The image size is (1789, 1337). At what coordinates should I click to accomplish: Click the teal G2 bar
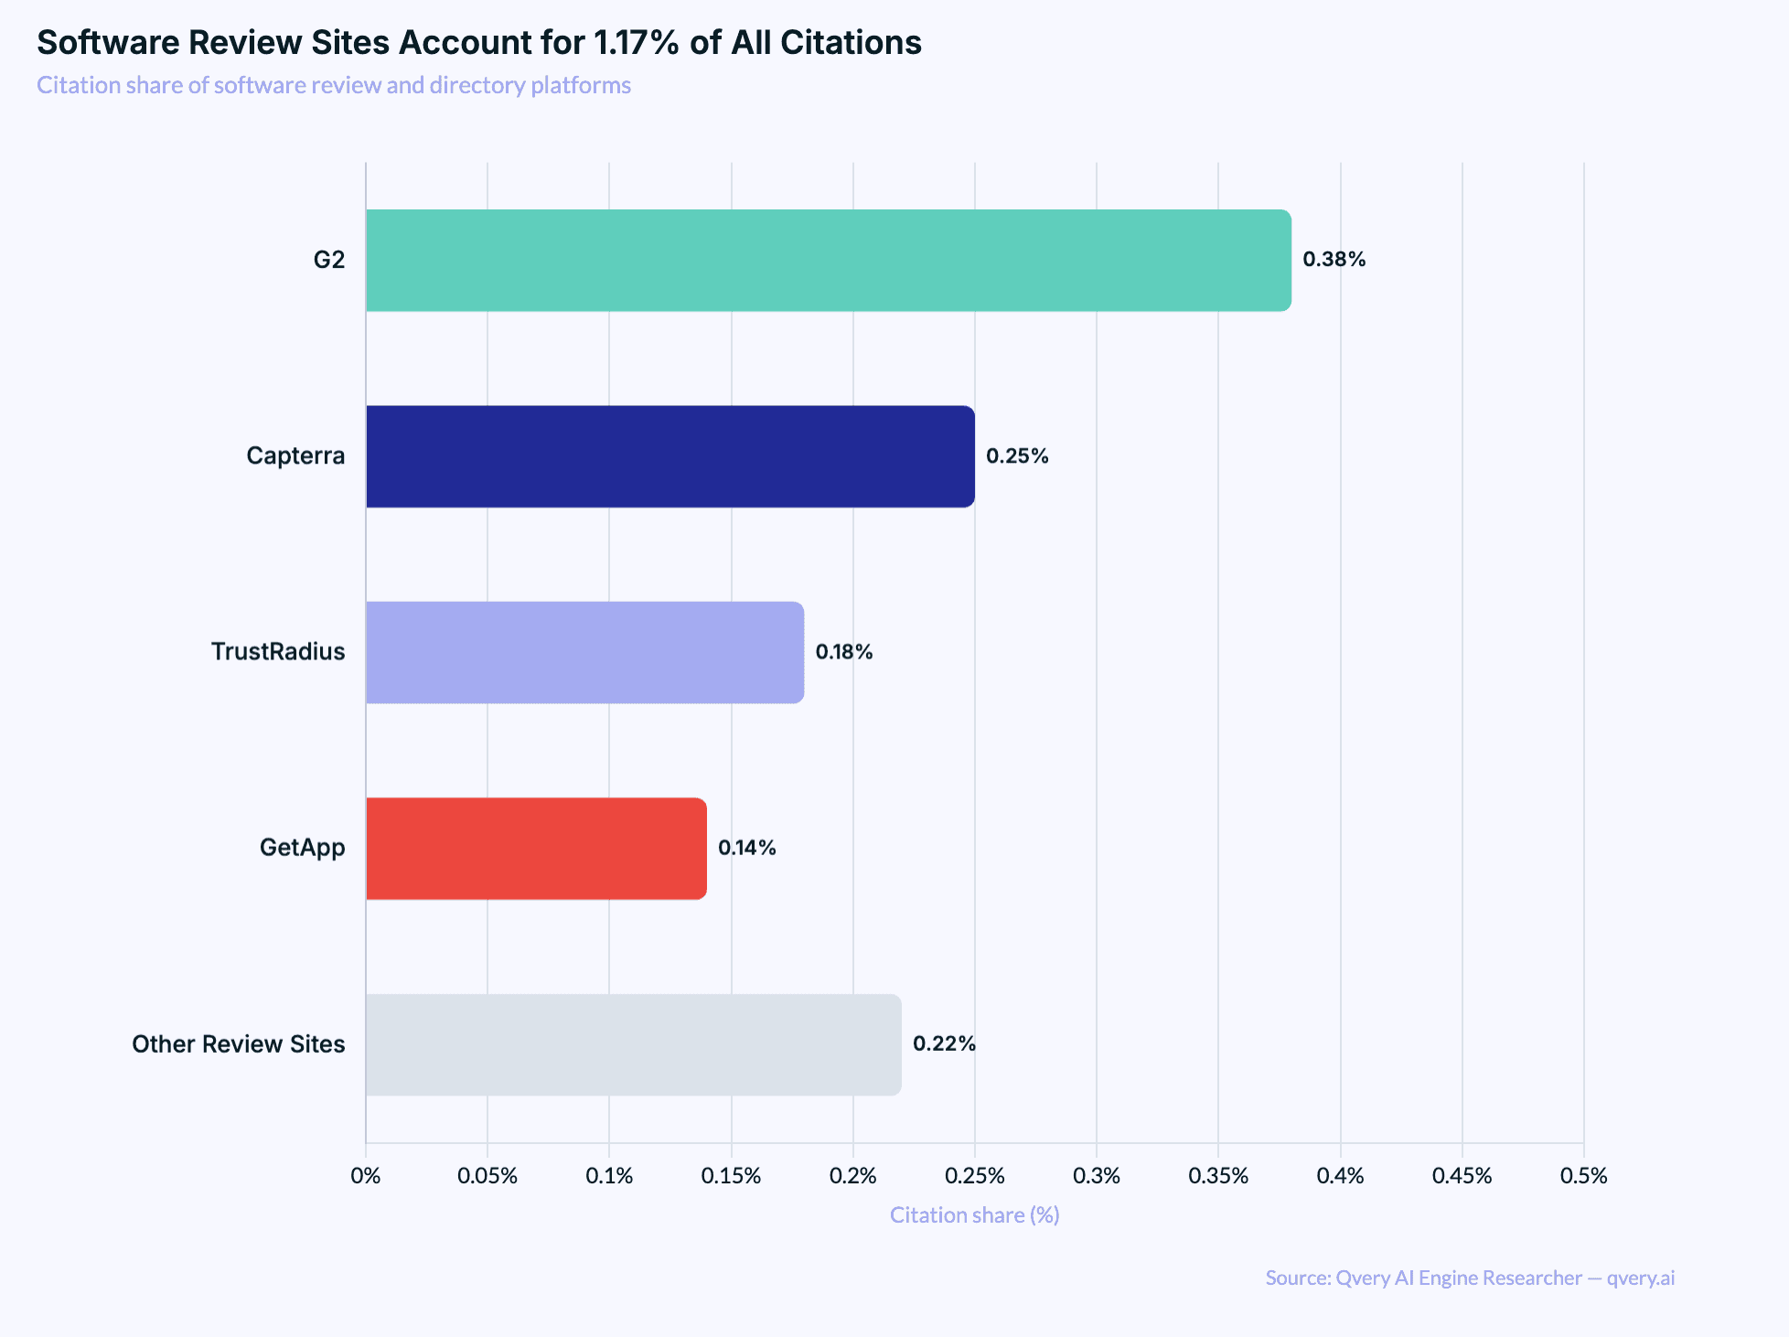point(828,261)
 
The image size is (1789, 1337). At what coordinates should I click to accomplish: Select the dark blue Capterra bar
point(670,456)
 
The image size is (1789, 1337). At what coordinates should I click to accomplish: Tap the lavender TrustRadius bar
point(584,652)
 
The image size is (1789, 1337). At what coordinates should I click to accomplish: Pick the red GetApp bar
point(536,849)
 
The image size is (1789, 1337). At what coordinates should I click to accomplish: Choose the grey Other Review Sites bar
point(633,1044)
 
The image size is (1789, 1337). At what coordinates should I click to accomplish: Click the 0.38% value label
point(1334,260)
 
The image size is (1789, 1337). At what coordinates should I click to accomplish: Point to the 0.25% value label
point(1017,455)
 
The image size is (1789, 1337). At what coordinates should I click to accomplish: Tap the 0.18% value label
point(843,652)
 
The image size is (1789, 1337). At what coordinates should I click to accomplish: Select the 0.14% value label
point(746,848)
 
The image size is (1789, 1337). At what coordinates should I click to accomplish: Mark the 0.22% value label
point(944,1043)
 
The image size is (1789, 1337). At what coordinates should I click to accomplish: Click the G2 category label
point(329,261)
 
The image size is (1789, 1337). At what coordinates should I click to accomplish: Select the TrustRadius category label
point(278,652)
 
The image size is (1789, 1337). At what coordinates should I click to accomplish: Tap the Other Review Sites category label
point(239,1044)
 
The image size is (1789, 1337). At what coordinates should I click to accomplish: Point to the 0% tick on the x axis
point(366,1176)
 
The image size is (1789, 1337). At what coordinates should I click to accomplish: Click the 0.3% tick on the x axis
point(1097,1176)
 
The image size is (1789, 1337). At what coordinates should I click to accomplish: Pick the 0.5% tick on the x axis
point(1583,1176)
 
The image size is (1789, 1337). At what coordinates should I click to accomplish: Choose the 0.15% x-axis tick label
point(731,1176)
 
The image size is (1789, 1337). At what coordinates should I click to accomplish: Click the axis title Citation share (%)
point(974,1215)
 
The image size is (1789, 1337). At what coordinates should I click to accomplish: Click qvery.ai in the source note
point(1641,1278)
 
